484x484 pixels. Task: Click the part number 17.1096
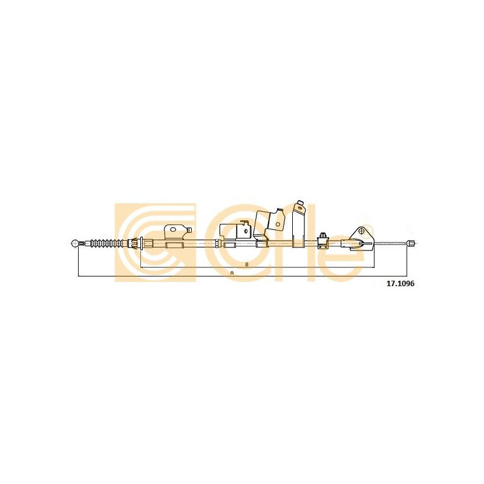pos(401,284)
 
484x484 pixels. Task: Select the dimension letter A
pos(232,273)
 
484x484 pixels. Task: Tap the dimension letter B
pos(247,264)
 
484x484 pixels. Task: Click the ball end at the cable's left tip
pos(74,243)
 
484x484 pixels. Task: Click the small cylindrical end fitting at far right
pos(411,243)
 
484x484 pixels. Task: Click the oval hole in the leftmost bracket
pos(173,229)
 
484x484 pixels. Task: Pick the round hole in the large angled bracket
pos(278,224)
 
